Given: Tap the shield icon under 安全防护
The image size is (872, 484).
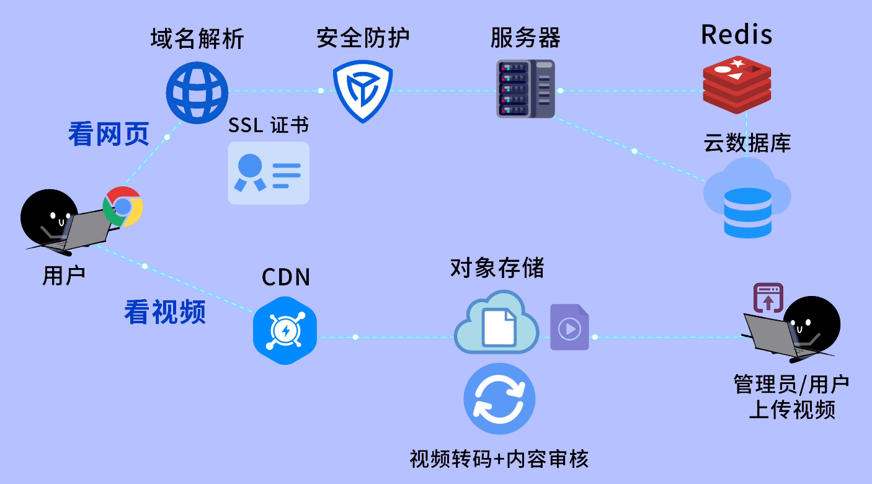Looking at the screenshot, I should (363, 91).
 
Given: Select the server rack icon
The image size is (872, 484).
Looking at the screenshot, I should (525, 89).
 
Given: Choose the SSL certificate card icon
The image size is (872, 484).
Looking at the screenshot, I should (269, 173).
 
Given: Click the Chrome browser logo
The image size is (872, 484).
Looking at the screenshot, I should (123, 207).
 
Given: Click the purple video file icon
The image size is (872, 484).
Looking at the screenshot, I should (569, 327).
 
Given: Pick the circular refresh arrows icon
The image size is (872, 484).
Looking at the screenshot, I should (499, 398).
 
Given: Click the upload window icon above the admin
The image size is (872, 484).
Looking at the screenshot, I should (768, 297).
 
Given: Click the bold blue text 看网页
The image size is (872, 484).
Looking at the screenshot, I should (109, 134).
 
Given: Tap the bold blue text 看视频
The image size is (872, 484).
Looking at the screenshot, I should (164, 312).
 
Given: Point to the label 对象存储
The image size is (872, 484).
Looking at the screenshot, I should (497, 269).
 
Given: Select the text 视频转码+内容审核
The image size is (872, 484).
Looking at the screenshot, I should (499, 459).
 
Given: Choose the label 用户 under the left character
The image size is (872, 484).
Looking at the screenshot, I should (63, 275).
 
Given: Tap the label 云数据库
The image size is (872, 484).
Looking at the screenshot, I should (747, 143).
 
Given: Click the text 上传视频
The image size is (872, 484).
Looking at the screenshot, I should (791, 410).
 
